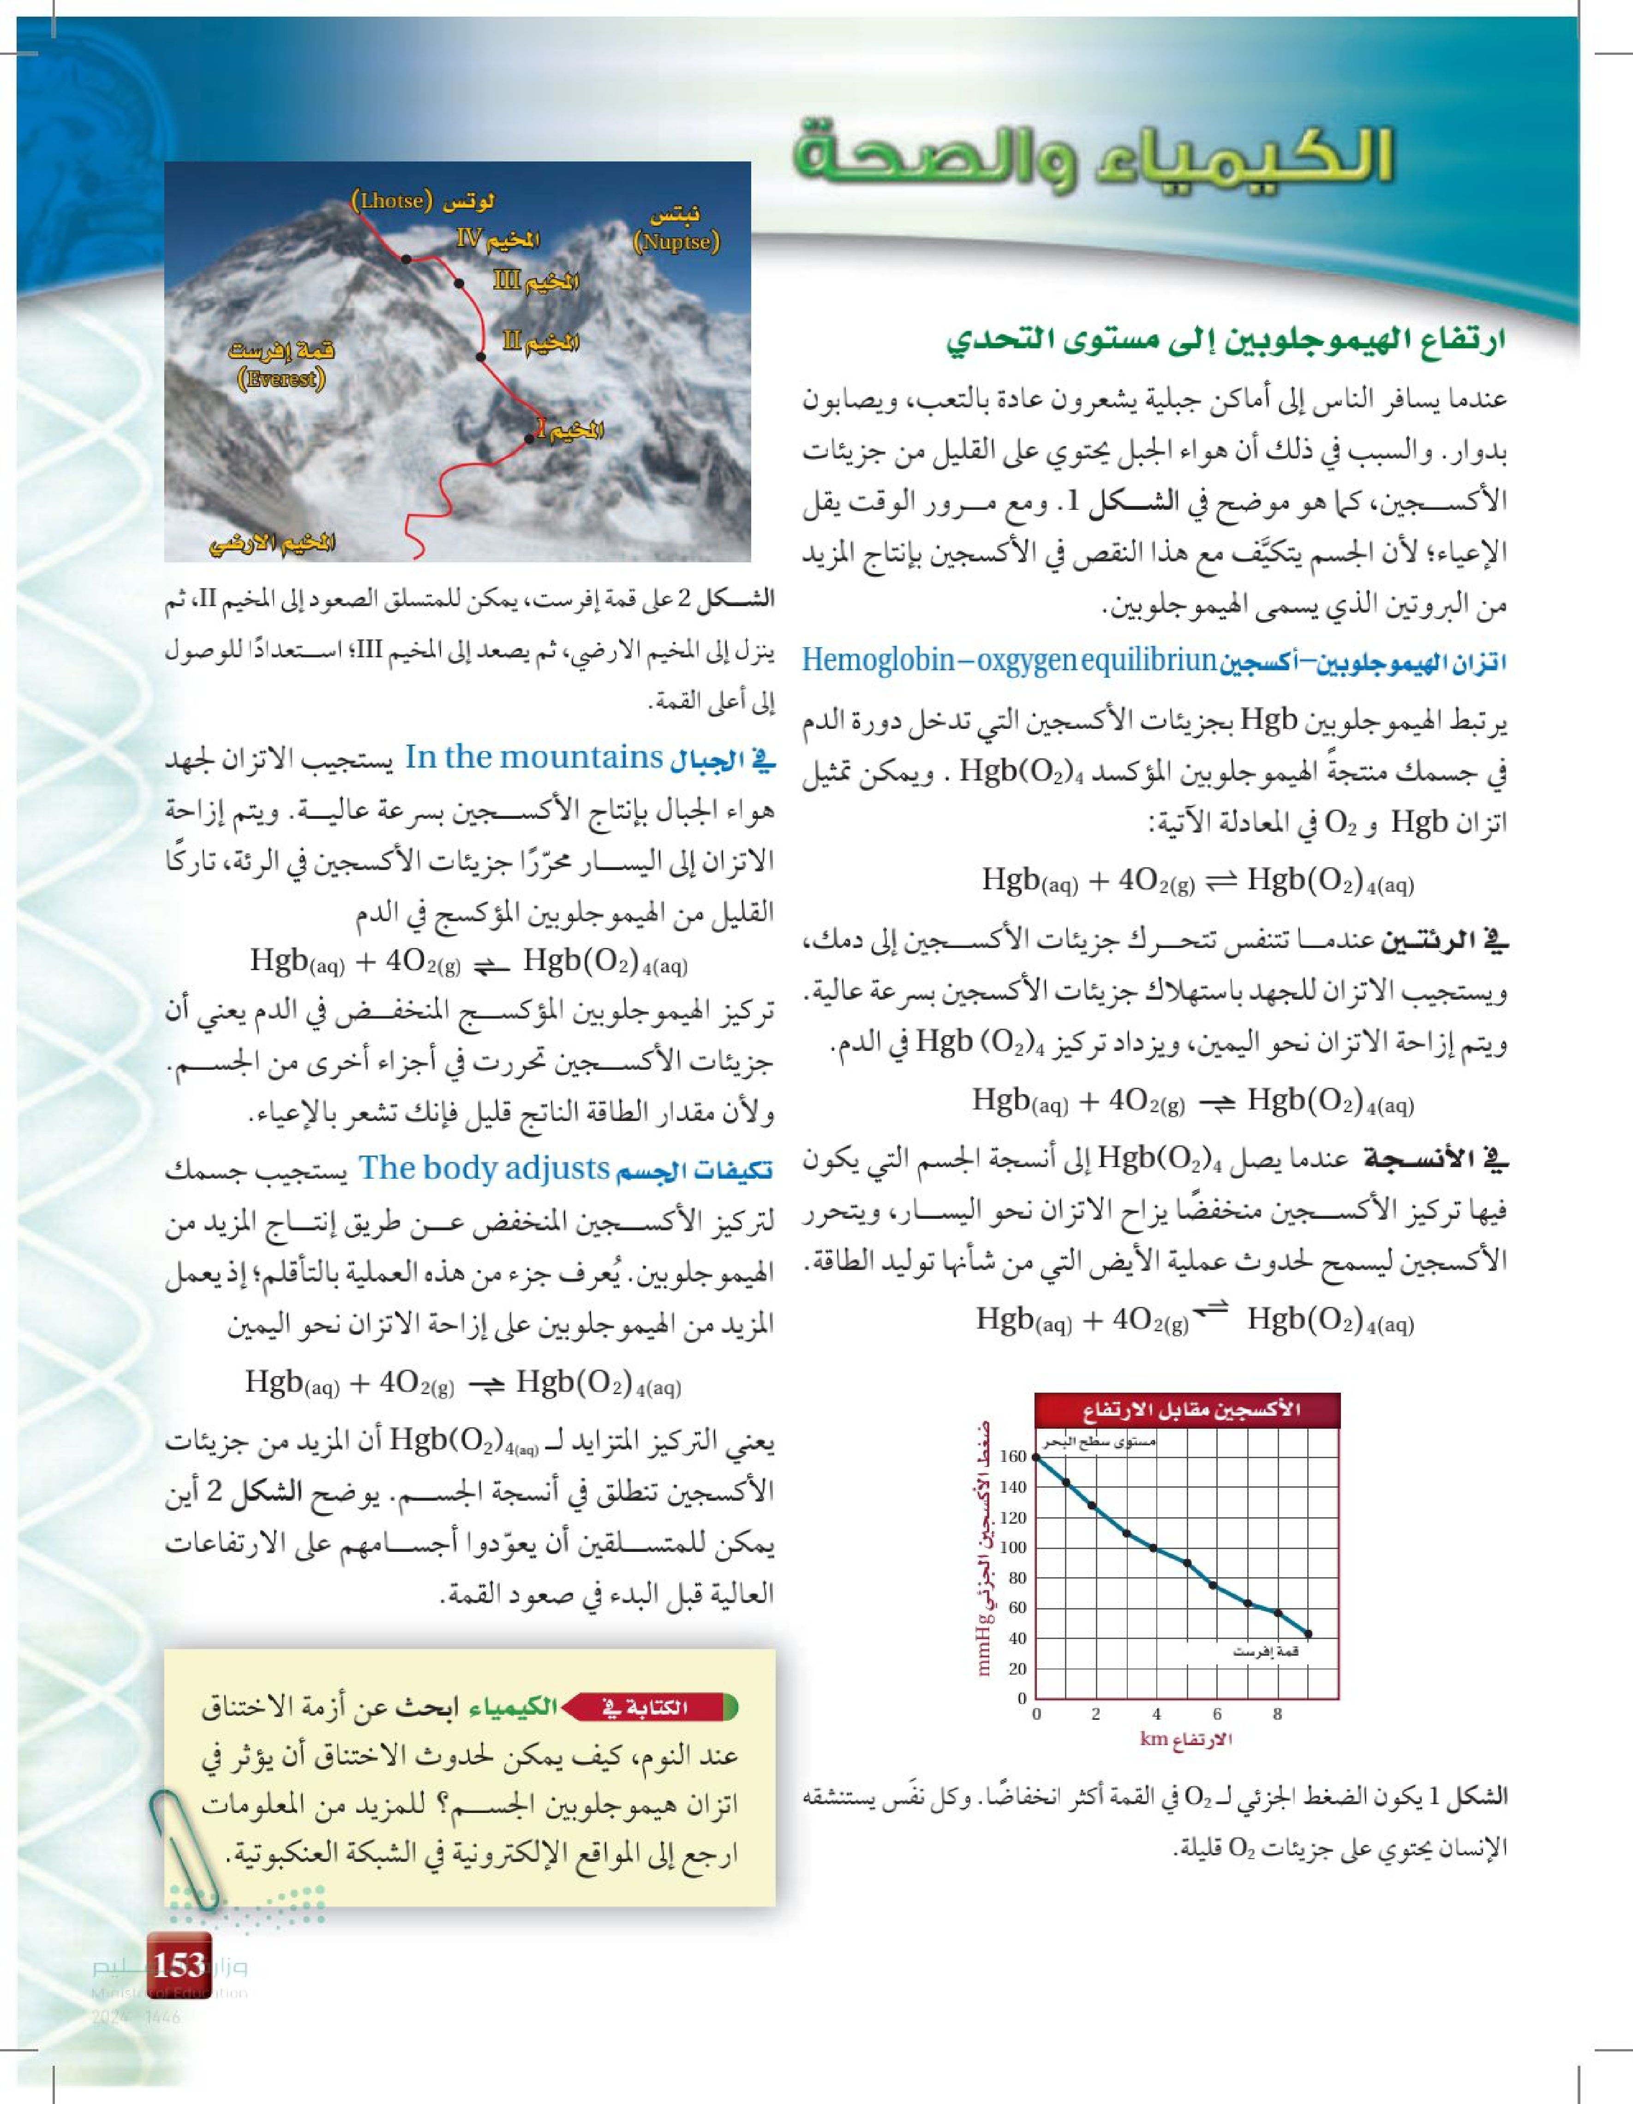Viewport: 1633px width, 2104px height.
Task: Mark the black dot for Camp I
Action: pos(529,439)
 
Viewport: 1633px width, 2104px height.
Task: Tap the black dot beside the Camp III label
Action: pos(459,283)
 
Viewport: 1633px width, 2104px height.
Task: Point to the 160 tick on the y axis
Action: pos(1013,1457)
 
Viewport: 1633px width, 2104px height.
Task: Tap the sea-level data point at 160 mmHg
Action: pos(1037,1457)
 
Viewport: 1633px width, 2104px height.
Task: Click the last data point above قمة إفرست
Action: pos(1308,1634)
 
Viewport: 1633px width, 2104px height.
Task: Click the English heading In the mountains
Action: pos(534,757)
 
